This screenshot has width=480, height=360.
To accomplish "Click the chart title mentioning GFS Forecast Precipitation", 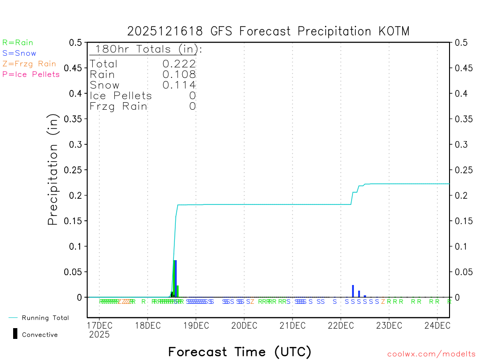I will pyautogui.click(x=268, y=31).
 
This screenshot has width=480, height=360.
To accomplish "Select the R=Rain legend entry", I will pyautogui.click(x=18, y=43).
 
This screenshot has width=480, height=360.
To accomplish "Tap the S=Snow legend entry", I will pyautogui.click(x=19, y=53).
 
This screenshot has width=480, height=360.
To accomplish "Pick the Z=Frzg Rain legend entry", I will pyautogui.click(x=29, y=64).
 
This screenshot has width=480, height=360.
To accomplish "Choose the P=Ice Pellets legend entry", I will pyautogui.click(x=31, y=74).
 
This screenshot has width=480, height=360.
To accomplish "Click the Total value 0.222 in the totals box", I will pyautogui.click(x=179, y=64).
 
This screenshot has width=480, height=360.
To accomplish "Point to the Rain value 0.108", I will pyautogui.click(x=179, y=75).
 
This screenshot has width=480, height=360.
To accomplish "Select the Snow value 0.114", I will pyautogui.click(x=179, y=85).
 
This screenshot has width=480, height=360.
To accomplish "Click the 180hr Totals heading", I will pyautogui.click(x=146, y=49).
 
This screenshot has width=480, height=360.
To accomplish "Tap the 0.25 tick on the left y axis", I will pyautogui.click(x=75, y=170).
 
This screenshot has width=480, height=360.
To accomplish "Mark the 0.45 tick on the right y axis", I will pyautogui.click(x=462, y=68).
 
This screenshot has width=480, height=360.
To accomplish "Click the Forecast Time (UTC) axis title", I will pyautogui.click(x=240, y=352).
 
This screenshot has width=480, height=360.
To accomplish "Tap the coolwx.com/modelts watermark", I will pyautogui.click(x=431, y=354).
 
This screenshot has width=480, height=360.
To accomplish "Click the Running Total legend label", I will pyautogui.click(x=45, y=318).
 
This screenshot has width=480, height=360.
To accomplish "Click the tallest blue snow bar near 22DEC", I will pyautogui.click(x=353, y=291).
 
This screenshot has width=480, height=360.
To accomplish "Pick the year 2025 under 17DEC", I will pyautogui.click(x=99, y=335).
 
